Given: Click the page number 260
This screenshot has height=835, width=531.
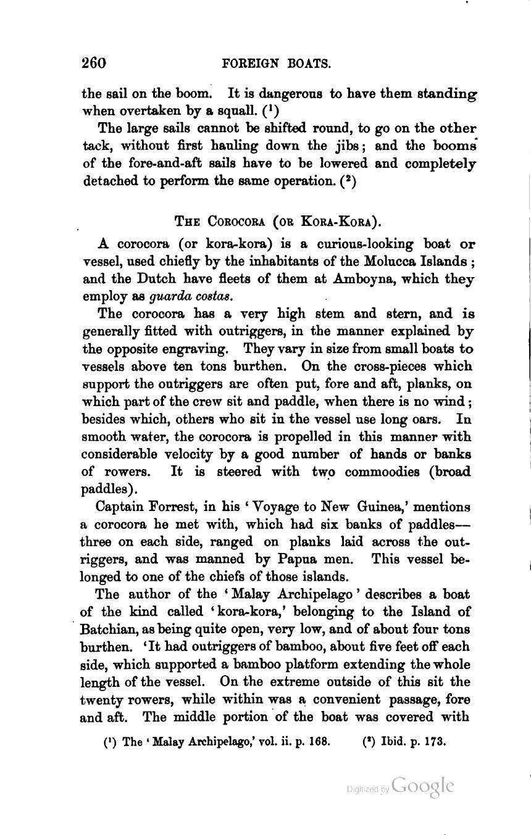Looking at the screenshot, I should point(94,63).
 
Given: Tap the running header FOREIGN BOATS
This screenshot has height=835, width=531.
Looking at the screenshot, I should point(276,64).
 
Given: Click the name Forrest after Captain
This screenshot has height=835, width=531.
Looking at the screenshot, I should point(171,507).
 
